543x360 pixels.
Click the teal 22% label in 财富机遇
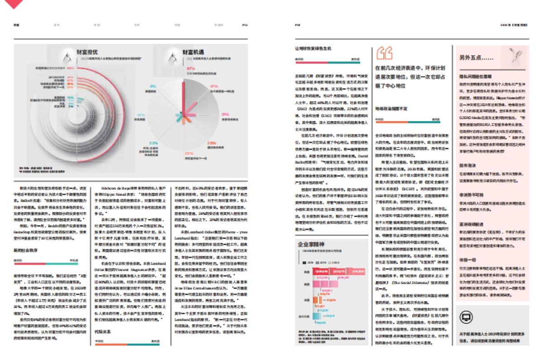[x=153, y=143]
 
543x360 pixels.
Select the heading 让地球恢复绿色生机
[x=314, y=48]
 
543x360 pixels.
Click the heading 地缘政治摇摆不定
[x=391, y=109]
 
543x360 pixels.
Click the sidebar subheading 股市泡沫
[x=467, y=166]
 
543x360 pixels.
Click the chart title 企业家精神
[x=310, y=244]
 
